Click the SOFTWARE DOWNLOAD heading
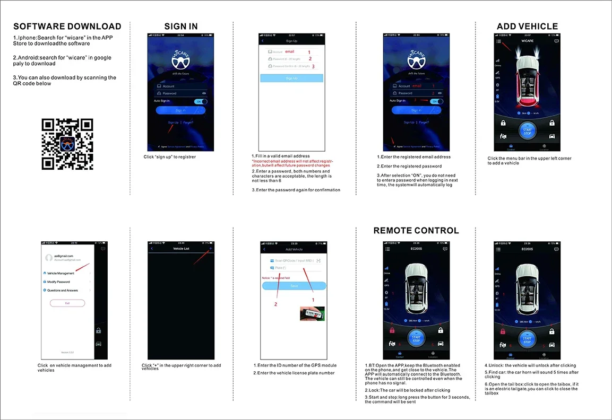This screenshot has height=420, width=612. click(x=67, y=27)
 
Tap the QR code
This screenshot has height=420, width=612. click(x=67, y=144)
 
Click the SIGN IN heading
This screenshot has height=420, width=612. click(x=181, y=27)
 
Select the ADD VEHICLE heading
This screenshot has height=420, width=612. click(x=527, y=27)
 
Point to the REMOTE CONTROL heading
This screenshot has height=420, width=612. click(x=416, y=231)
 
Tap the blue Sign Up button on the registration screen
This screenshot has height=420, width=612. click(x=291, y=78)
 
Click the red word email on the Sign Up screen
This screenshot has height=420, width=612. click(x=290, y=51)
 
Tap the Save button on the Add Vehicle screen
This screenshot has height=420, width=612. click(x=294, y=286)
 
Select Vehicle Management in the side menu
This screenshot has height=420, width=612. click(x=61, y=273)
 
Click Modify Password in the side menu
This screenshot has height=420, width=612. click(x=58, y=282)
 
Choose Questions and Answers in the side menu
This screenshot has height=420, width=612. click(x=62, y=291)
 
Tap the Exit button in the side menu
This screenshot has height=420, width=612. click(x=67, y=303)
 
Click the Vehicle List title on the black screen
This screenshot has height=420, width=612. click(x=181, y=249)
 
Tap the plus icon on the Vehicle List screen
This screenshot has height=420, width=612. click(x=211, y=248)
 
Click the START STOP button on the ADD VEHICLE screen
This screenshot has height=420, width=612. click(x=527, y=132)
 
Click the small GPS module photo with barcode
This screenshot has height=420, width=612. click(x=312, y=312)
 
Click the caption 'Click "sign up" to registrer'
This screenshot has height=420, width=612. click(x=170, y=157)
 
